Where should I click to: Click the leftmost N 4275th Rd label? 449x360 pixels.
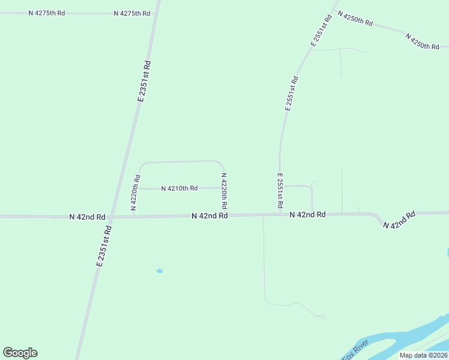point(46,13)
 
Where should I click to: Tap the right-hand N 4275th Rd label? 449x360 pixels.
point(131,13)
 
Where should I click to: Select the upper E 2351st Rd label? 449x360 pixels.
point(143,81)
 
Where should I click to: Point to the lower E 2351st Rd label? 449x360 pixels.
point(104,245)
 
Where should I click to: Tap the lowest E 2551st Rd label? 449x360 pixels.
point(280,191)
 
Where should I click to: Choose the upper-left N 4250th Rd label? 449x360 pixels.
point(355,18)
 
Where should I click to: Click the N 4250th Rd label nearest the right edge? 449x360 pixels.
point(423,41)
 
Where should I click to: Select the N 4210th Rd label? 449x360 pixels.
point(179,188)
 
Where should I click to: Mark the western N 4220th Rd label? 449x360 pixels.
point(137,193)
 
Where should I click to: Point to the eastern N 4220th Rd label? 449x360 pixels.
point(224,191)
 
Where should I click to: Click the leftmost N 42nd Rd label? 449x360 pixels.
point(87,217)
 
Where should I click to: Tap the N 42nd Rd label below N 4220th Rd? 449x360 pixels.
point(209,215)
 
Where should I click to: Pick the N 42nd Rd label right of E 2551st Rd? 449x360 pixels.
point(307,214)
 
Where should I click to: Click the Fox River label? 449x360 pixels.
point(354,352)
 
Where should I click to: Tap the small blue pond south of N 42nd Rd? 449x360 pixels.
point(160,271)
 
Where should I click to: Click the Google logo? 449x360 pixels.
point(20,353)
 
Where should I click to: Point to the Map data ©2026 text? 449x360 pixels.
point(423,355)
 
